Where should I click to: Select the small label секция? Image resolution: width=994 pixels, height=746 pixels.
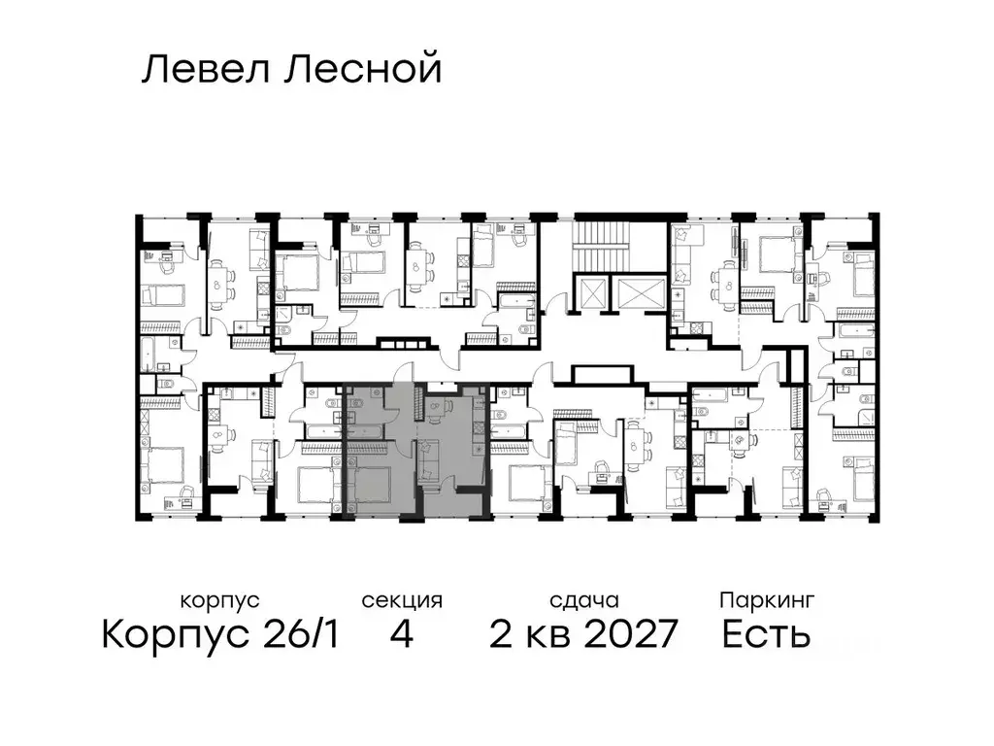click(402, 600)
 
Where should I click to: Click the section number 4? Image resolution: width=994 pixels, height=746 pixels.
click(402, 635)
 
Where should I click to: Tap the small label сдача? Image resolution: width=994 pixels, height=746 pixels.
click(582, 600)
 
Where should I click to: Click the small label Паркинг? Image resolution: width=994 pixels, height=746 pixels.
click(767, 600)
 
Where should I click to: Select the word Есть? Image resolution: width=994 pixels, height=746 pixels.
click(767, 635)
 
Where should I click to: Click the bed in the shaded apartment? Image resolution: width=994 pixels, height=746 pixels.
click(371, 484)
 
